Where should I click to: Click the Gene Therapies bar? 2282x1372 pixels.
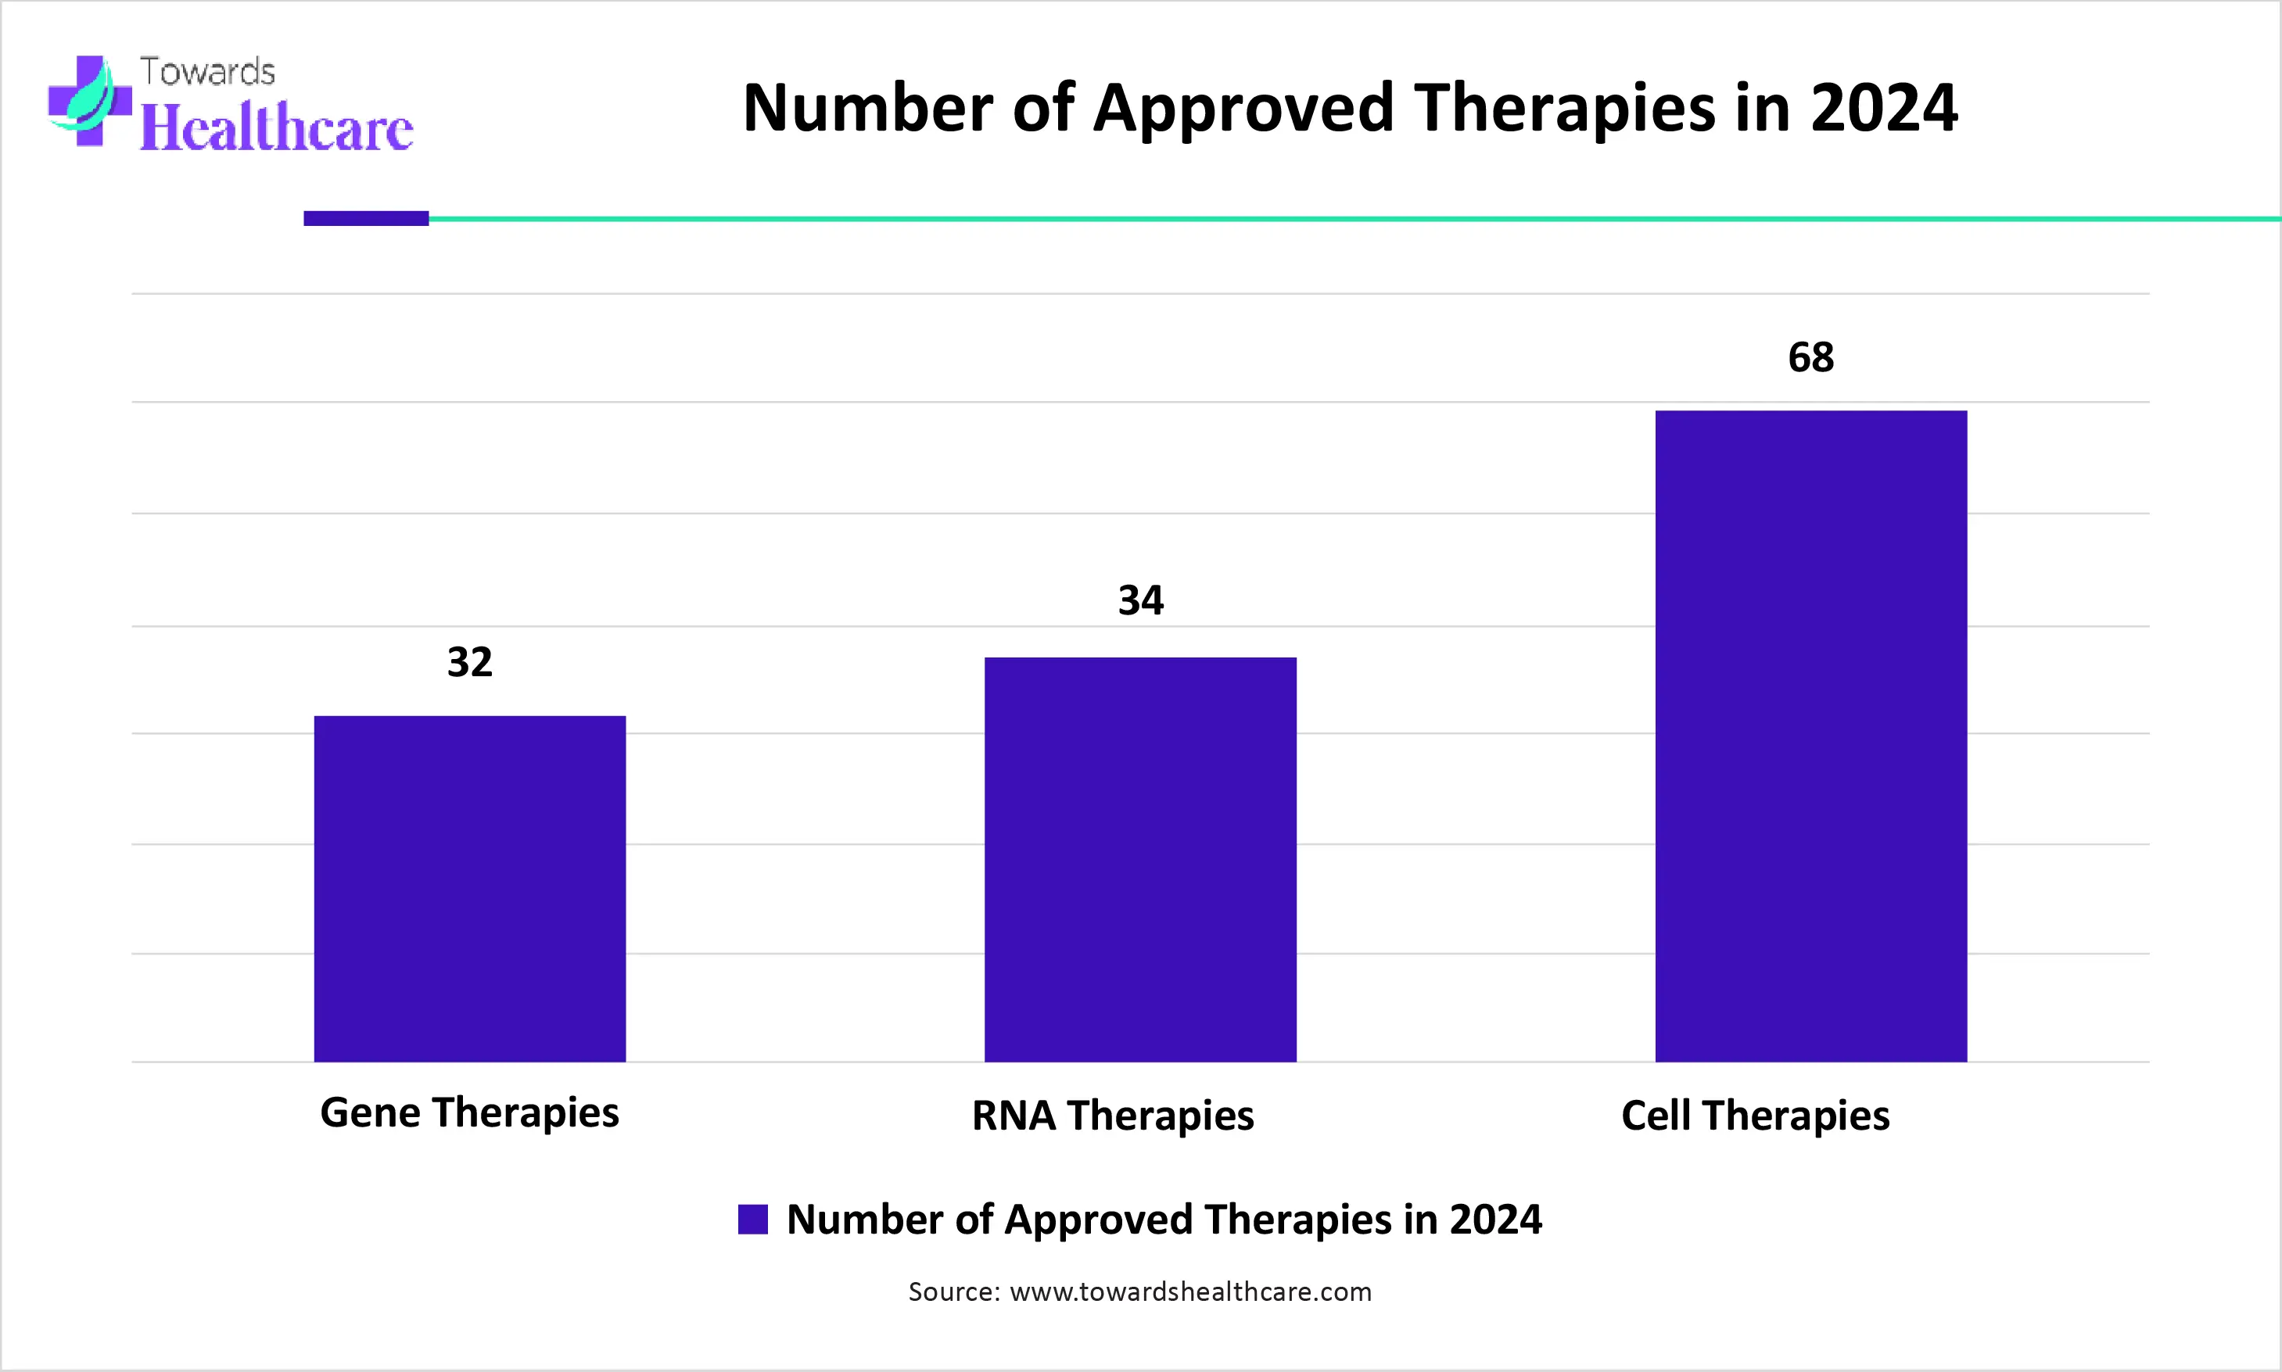pos(470,888)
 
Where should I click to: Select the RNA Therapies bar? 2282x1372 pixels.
pos(1140,859)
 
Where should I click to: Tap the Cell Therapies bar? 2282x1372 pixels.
pos(1810,736)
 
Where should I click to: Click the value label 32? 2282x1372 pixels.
pos(470,662)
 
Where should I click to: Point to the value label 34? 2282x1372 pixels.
pos(1141,601)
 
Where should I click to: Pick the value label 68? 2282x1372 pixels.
pos(1810,356)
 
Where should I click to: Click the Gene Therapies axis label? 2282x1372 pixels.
pos(470,1112)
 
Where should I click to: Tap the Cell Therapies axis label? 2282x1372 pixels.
pos(1755,1115)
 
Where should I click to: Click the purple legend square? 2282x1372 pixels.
pos(752,1220)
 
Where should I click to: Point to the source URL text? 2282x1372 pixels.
pos(1190,1291)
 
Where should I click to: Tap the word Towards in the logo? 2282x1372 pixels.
pos(207,72)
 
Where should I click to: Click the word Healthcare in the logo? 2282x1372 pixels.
pos(275,127)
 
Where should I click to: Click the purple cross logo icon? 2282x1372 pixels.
pos(90,101)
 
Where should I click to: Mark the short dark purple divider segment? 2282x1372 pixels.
pos(366,218)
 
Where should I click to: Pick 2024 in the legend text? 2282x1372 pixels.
pos(1495,1220)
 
